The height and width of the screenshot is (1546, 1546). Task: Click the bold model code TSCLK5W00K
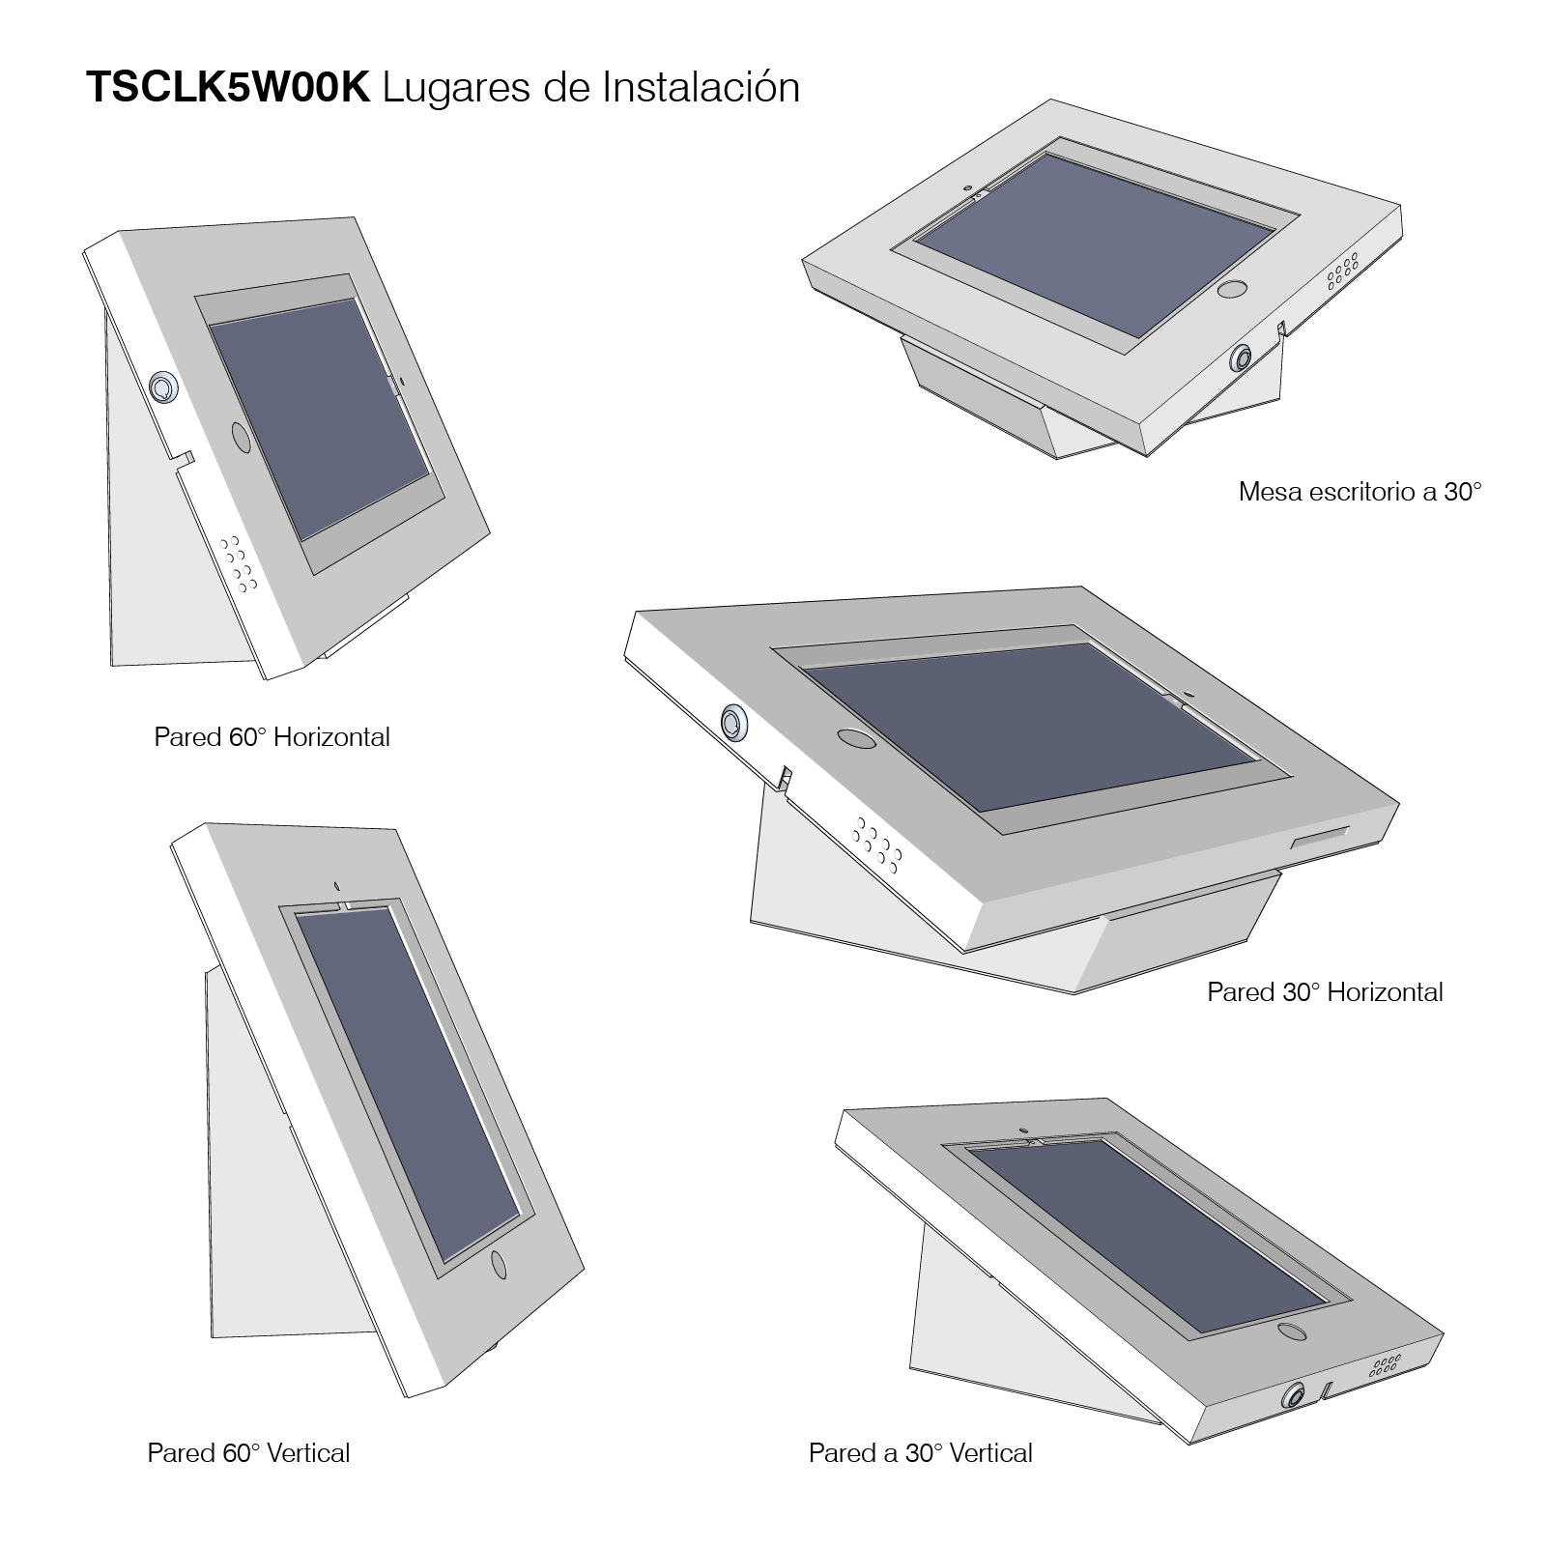228,88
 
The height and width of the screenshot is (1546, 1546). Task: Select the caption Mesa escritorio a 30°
1360,492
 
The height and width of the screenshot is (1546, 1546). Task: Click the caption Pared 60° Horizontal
272,737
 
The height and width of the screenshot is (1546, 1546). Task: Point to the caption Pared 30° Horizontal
1325,992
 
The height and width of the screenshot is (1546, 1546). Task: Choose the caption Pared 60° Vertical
248,1453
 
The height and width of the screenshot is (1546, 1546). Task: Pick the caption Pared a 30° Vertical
920,1453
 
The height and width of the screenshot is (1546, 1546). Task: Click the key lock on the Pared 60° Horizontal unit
162,387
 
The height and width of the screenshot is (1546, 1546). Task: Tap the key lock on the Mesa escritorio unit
1240,358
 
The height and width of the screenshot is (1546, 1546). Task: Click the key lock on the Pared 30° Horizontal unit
734,722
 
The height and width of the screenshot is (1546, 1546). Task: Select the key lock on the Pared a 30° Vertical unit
1292,1397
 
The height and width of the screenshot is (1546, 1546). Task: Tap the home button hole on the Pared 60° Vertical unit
500,1264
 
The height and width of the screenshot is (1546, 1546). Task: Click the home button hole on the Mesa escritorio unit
1231,289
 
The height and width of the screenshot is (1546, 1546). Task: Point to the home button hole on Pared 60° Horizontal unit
240,437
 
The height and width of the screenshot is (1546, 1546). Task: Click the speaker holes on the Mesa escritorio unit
1343,272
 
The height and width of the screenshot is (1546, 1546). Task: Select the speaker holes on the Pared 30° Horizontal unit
876,841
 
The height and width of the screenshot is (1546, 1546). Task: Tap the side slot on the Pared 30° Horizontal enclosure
1321,837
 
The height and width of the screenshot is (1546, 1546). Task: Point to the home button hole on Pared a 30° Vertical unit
1289,1331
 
